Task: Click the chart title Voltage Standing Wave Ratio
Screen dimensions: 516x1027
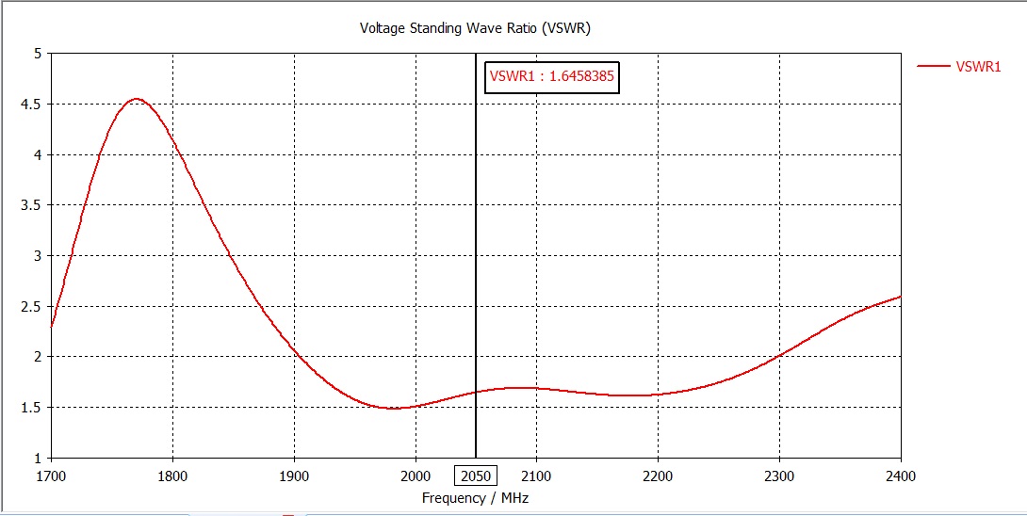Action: click(475, 27)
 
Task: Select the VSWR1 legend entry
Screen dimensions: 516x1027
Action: click(978, 66)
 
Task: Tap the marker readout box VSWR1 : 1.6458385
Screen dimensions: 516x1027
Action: click(552, 77)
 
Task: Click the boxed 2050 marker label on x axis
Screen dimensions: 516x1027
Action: click(475, 477)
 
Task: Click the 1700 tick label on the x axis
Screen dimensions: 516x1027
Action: click(51, 476)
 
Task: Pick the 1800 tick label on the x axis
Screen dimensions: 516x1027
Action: click(172, 476)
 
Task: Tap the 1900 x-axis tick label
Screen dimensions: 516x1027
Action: click(294, 476)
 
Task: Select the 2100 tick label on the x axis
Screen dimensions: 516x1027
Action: click(536, 476)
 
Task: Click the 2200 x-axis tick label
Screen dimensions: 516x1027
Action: click(658, 476)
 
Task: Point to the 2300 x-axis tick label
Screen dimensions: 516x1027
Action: click(779, 476)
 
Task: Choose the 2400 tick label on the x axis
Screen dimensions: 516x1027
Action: click(900, 476)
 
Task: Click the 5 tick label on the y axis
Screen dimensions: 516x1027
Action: click(38, 54)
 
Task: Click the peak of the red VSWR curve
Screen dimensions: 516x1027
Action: click(137, 99)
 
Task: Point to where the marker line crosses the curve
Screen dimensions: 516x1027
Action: click(475, 392)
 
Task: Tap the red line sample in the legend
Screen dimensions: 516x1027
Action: click(933, 66)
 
